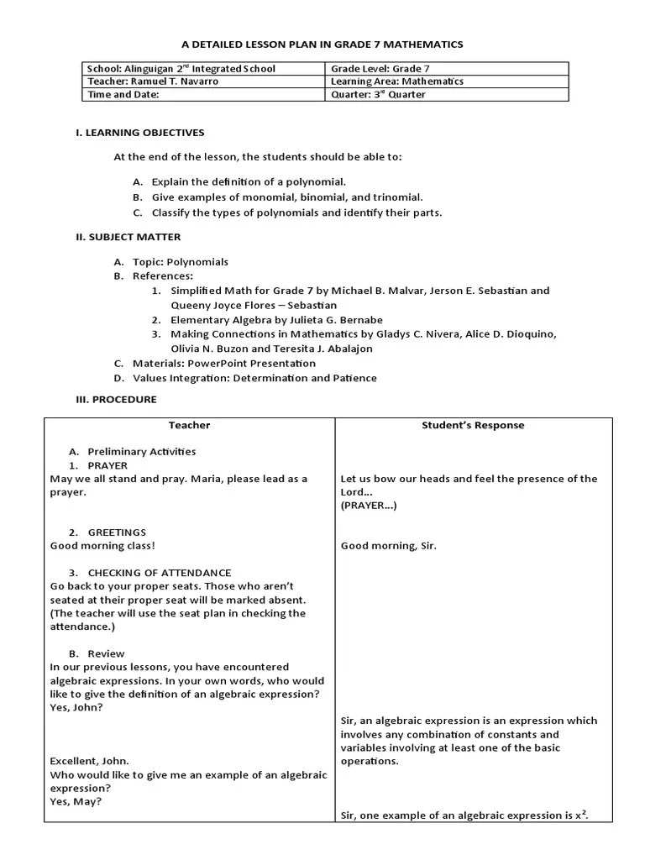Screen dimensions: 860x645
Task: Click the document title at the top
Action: point(322,44)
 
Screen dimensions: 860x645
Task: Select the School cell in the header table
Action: point(181,69)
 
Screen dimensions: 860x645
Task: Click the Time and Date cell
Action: point(123,95)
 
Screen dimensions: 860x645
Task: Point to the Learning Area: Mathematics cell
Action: point(397,81)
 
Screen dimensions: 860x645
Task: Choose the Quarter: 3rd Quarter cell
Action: point(378,95)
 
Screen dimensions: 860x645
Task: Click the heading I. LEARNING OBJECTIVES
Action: point(139,133)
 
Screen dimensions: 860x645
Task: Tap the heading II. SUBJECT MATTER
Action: point(128,237)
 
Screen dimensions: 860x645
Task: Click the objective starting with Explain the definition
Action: point(249,182)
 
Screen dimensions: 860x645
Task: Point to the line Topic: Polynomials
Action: point(180,262)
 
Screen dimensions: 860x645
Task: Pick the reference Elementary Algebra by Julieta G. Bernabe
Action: point(276,320)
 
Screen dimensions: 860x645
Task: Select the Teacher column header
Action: point(189,425)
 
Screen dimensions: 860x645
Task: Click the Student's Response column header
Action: point(473,425)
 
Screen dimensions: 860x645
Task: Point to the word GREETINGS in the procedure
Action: point(117,532)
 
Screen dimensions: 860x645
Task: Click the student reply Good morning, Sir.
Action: point(388,546)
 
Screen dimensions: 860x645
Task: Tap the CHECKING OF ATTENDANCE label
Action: point(160,573)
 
